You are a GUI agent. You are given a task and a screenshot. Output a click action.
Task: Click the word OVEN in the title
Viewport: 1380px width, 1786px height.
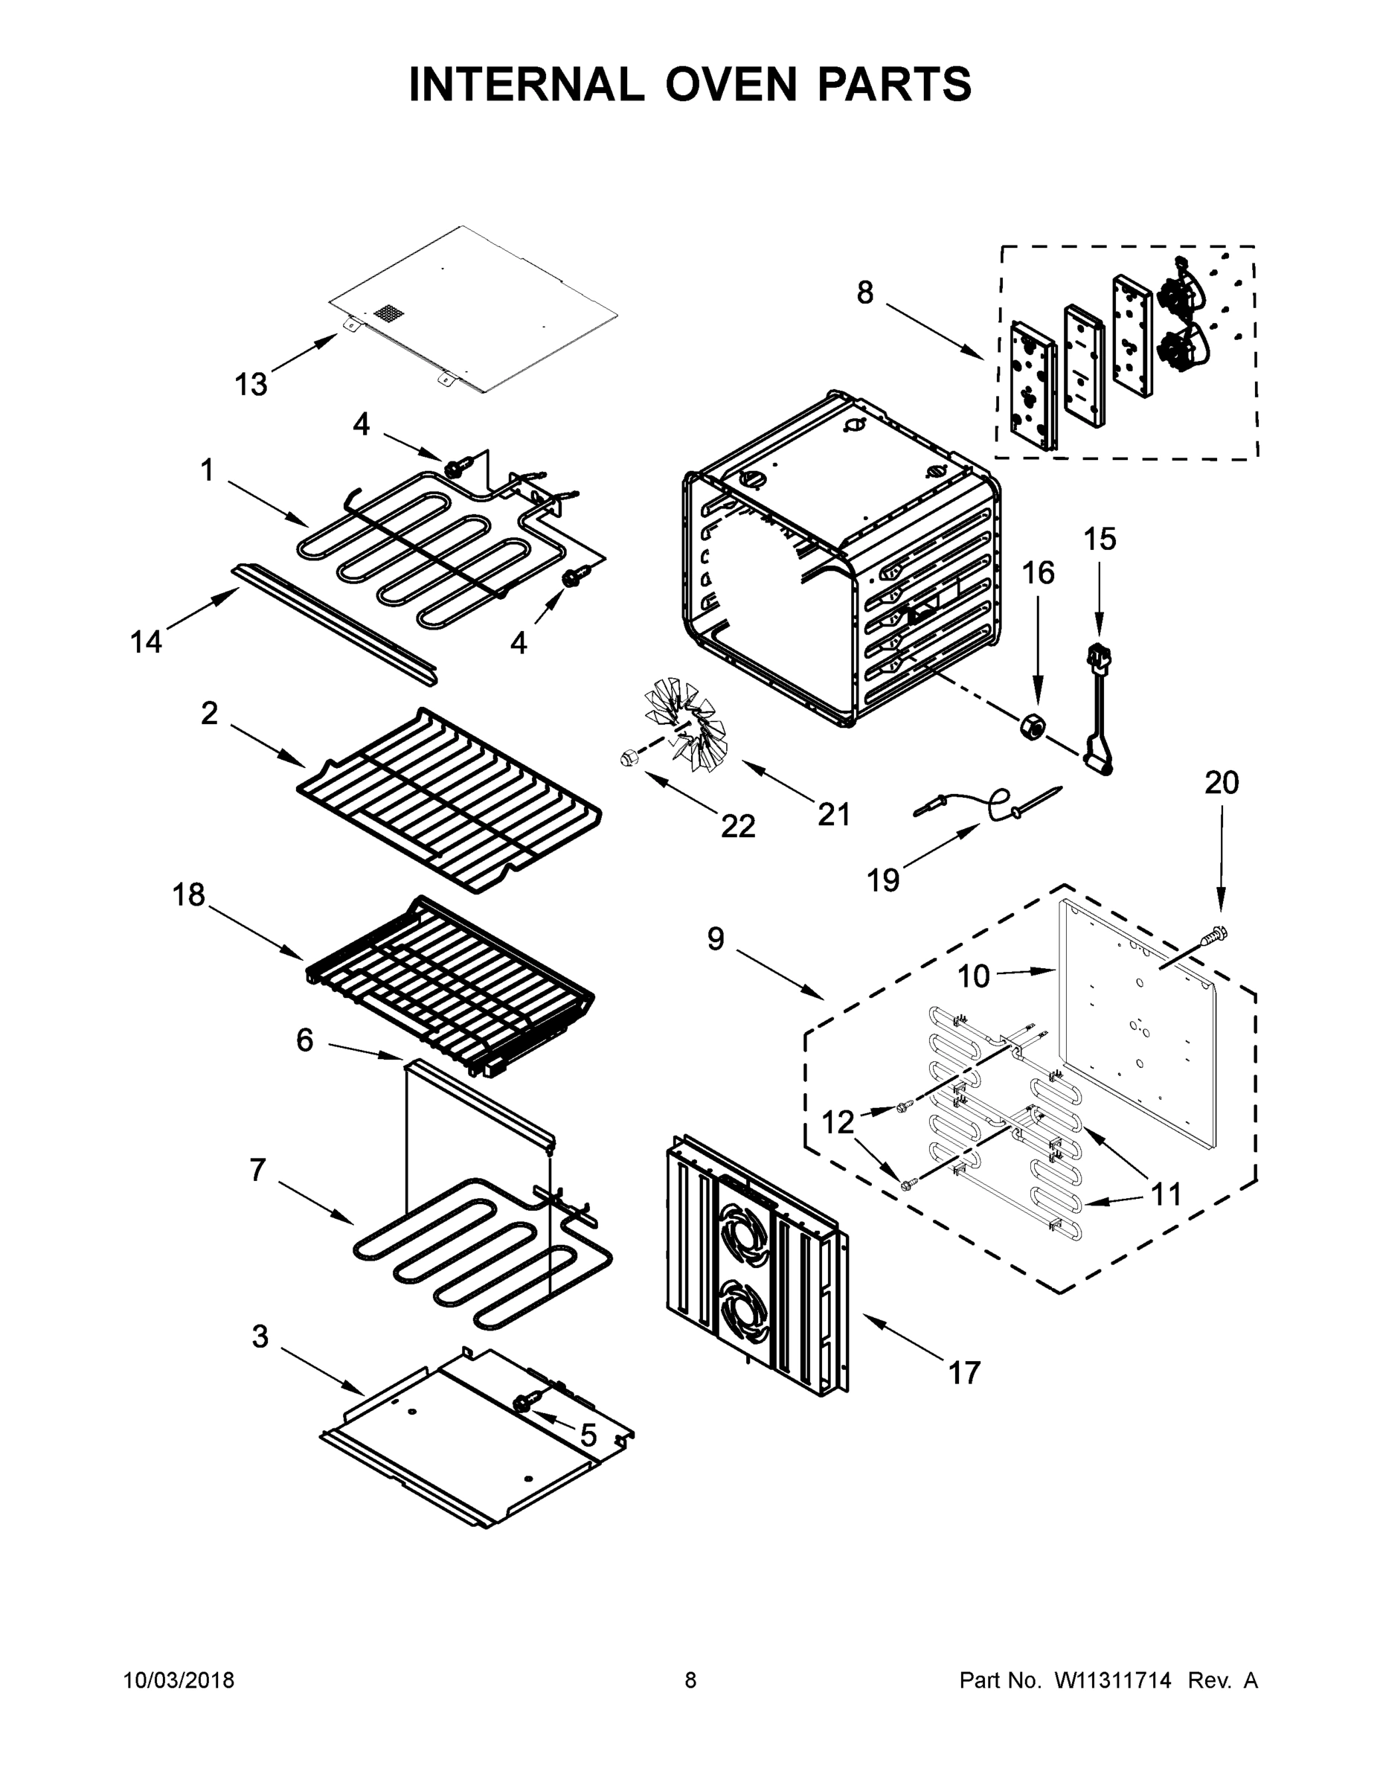click(x=730, y=84)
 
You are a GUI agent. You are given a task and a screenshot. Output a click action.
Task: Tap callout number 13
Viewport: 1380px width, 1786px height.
click(x=251, y=383)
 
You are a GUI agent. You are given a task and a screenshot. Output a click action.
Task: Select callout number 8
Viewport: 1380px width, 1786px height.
click(x=865, y=292)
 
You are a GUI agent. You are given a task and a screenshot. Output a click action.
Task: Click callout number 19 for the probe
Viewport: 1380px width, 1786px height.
click(x=883, y=881)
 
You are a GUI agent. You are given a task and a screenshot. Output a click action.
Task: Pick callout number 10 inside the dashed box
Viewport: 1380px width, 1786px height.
click(x=973, y=976)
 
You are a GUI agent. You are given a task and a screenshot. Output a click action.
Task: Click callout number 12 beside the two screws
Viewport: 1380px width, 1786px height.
click(x=837, y=1123)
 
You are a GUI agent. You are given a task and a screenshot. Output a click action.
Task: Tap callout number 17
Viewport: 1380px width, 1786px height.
click(x=964, y=1372)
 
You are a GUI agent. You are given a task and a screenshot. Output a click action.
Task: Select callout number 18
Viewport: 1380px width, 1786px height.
click(x=188, y=894)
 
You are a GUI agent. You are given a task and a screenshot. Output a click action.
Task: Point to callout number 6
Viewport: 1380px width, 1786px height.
click(x=304, y=1040)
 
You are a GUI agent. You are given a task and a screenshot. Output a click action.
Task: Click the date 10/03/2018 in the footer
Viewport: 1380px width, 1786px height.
click(x=179, y=1680)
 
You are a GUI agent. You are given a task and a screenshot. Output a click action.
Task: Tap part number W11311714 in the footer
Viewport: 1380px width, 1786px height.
click(x=1113, y=1680)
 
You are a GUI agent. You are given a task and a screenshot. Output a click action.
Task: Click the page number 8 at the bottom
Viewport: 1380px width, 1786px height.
click(x=690, y=1680)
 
